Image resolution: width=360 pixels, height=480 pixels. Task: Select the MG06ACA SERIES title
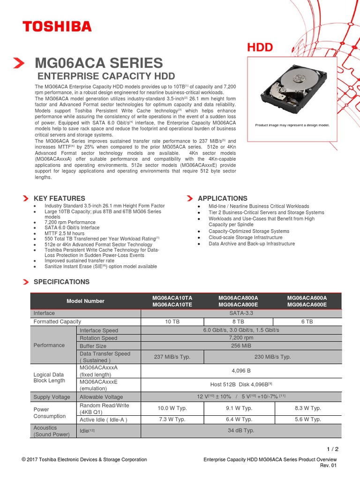(x=99, y=63)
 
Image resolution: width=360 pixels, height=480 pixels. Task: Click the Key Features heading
(x=60, y=198)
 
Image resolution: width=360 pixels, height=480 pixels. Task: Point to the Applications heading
(x=222, y=198)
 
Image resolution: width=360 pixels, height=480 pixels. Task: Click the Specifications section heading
(x=61, y=282)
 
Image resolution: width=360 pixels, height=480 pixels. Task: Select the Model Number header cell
(x=85, y=301)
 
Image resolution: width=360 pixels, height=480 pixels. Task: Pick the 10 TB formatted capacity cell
(x=172, y=322)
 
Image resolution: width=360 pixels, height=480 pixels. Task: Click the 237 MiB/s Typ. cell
(x=172, y=357)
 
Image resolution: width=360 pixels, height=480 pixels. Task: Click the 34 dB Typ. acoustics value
(x=241, y=430)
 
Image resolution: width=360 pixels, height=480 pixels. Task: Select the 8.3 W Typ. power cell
(x=307, y=408)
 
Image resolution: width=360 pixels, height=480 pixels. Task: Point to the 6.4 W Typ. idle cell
(x=239, y=420)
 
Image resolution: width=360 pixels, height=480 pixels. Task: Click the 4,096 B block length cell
(x=241, y=371)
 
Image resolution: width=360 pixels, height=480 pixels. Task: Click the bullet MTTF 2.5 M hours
(x=64, y=233)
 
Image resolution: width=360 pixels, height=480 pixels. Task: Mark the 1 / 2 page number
(x=332, y=449)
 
